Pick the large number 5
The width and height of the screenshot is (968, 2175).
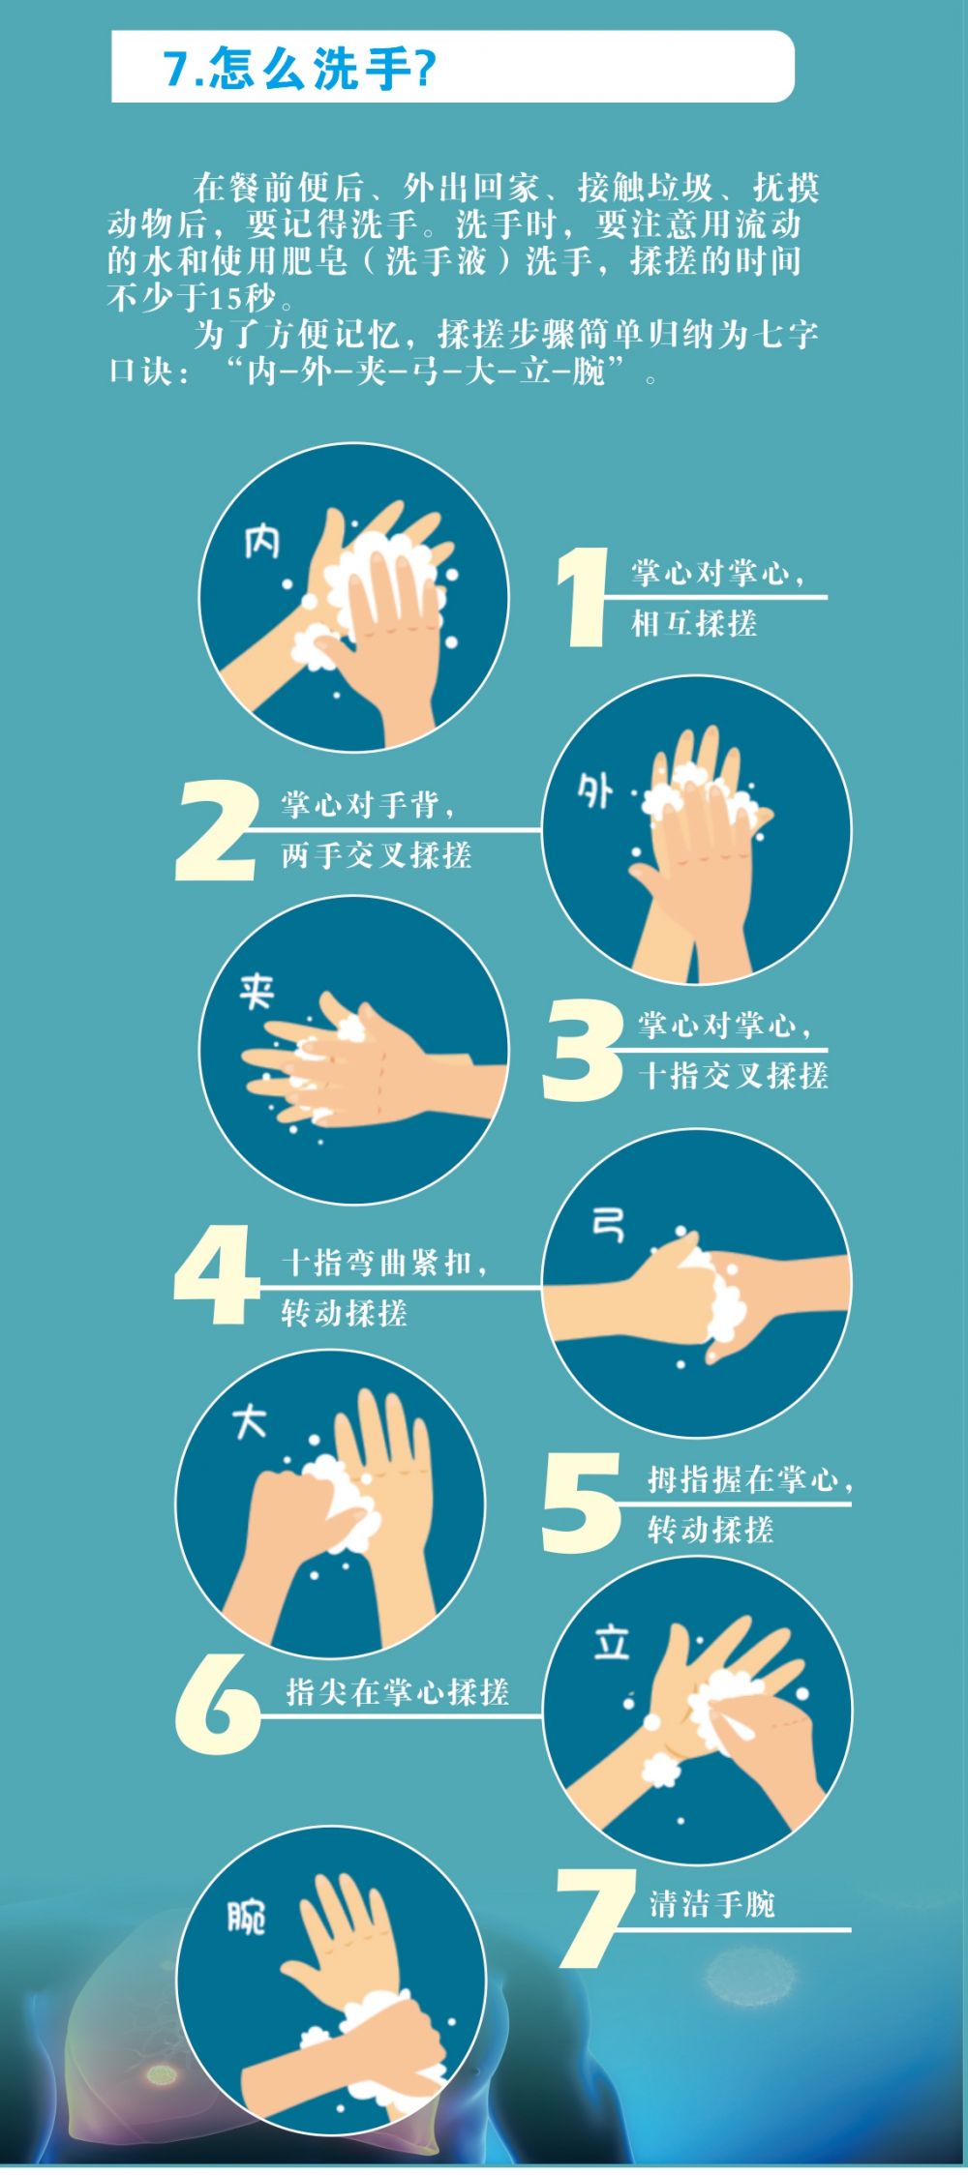pyautogui.click(x=581, y=1503)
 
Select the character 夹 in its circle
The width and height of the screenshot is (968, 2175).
pyautogui.click(x=257, y=992)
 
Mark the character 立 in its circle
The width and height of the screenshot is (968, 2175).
pyautogui.click(x=612, y=1643)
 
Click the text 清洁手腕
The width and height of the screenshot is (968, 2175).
pyautogui.click(x=712, y=1904)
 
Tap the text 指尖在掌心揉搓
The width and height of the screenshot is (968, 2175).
pyautogui.click(x=398, y=1692)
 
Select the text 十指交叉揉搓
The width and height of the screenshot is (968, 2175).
pyautogui.click(x=733, y=1076)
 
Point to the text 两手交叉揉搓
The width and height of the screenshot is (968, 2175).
pyautogui.click(x=377, y=855)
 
